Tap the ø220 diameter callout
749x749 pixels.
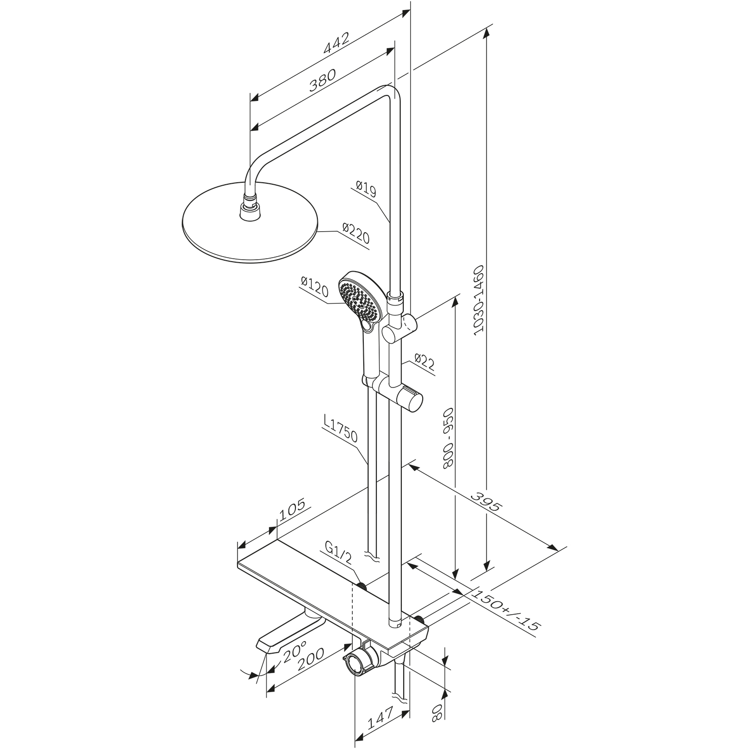click(x=356, y=234)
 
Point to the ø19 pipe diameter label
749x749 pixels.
click(x=366, y=190)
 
